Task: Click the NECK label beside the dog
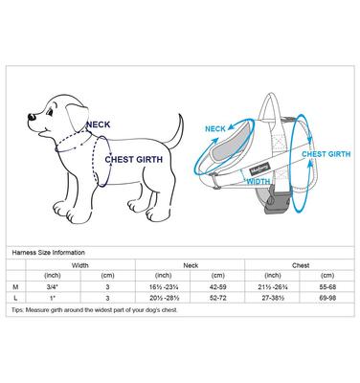point(98,124)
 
